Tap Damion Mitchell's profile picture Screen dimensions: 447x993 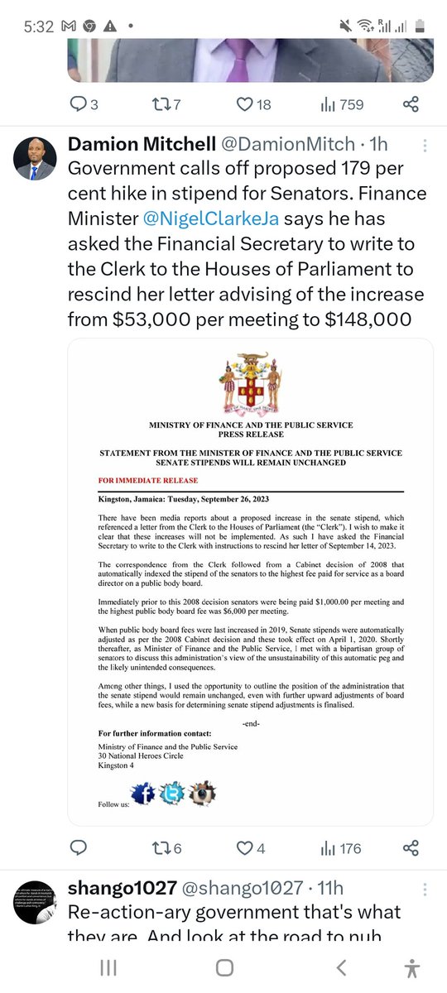click(36, 160)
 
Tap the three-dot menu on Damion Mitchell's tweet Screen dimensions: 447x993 click(425, 146)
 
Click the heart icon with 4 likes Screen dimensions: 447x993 click(245, 848)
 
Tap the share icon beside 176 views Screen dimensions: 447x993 click(410, 848)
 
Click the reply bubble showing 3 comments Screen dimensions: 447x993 click(78, 104)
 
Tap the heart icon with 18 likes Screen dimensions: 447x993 click(245, 104)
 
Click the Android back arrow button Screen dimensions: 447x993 click(341, 967)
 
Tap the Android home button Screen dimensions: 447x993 click(223, 967)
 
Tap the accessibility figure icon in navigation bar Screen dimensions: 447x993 click(411, 967)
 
